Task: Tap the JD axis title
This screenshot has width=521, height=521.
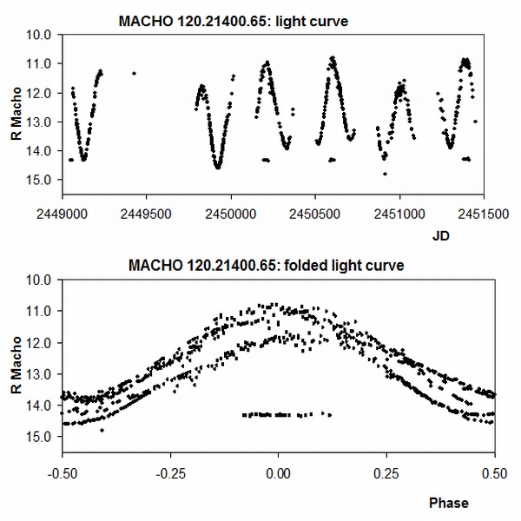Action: coord(440,235)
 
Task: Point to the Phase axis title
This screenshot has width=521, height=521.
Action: coord(448,503)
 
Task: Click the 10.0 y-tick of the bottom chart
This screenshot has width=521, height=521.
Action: coord(43,280)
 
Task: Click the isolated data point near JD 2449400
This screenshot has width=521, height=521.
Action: coord(134,74)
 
